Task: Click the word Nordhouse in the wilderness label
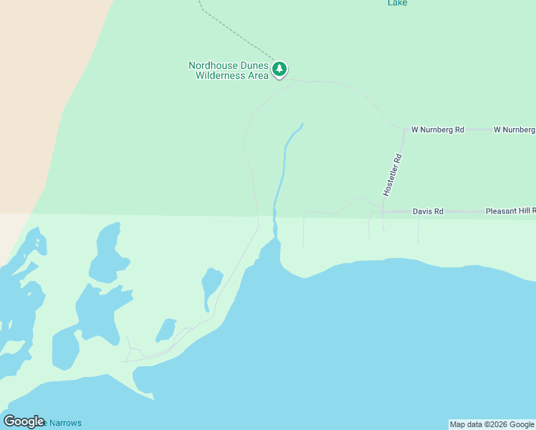pyautogui.click(x=213, y=65)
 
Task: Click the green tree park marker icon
pyautogui.click(x=279, y=70)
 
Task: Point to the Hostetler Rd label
pyautogui.click(x=392, y=175)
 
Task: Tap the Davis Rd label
pyautogui.click(x=428, y=211)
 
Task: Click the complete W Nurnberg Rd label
pyautogui.click(x=437, y=130)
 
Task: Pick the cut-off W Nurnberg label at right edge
pyautogui.click(x=514, y=130)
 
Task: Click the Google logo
pyautogui.click(x=24, y=421)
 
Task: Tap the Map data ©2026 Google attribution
pyautogui.click(x=492, y=424)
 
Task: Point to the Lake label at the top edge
pyautogui.click(x=398, y=3)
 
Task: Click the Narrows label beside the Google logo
pyautogui.click(x=64, y=423)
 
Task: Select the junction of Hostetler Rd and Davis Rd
pyautogui.click(x=383, y=211)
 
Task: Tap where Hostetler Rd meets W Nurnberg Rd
pyautogui.click(x=403, y=130)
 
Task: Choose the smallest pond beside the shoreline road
pyautogui.click(x=166, y=330)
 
